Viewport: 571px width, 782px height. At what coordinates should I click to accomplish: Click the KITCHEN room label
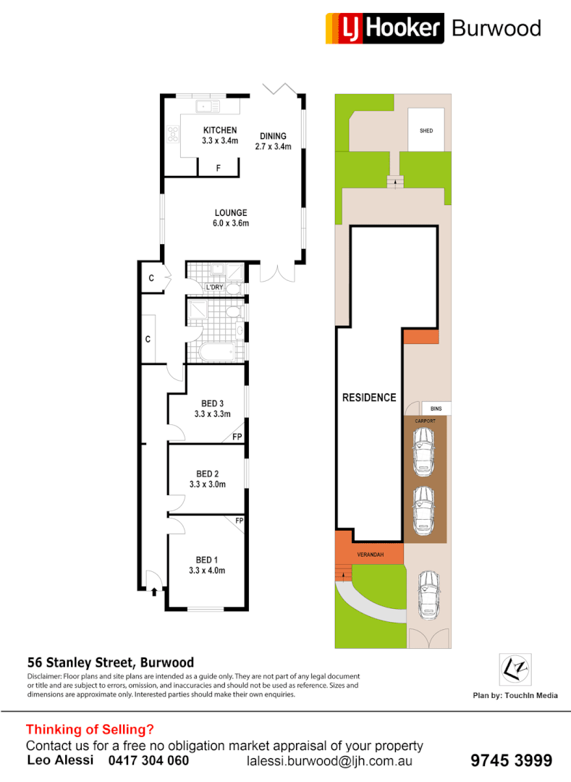[220, 130]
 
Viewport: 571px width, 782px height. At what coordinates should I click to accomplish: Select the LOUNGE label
[231, 213]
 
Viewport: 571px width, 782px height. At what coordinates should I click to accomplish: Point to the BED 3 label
[212, 404]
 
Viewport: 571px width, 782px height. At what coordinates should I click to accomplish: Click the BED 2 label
[207, 474]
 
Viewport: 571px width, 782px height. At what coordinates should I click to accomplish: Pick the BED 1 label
[206, 560]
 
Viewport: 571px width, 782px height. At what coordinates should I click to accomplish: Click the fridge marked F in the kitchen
[219, 168]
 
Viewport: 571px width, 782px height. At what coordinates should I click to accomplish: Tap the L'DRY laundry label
[214, 287]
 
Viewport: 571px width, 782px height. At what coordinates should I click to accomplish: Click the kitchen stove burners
[174, 134]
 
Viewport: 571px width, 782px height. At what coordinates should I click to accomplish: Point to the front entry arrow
[154, 591]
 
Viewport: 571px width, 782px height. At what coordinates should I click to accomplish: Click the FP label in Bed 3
[236, 437]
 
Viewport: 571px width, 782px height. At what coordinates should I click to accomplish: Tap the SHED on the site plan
[426, 130]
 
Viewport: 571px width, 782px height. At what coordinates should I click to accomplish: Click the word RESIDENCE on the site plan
[369, 398]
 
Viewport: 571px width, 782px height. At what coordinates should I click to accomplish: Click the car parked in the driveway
[428, 594]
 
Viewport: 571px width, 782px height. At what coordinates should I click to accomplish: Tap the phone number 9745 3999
[511, 760]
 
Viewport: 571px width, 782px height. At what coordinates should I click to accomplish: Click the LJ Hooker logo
[384, 28]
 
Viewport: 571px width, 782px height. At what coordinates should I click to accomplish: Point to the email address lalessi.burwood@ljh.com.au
[329, 761]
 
